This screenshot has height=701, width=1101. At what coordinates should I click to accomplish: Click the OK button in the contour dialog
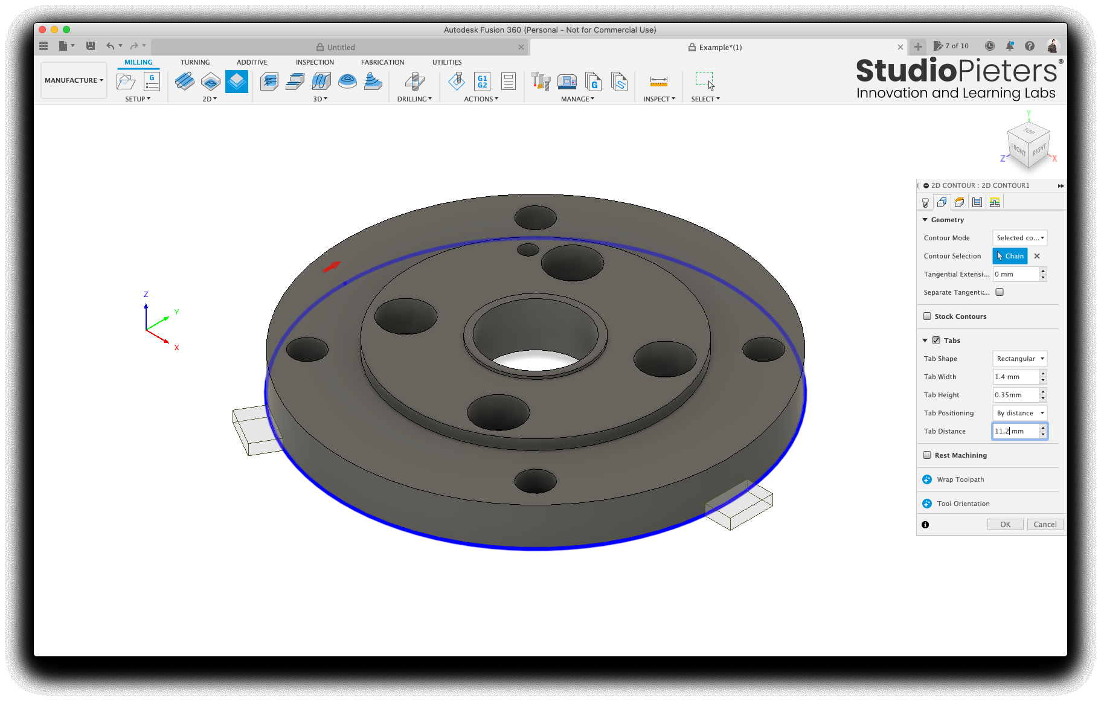tap(1005, 524)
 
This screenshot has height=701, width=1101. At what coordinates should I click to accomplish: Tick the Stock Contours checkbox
tap(927, 316)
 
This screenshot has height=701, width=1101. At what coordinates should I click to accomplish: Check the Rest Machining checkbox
tap(927, 455)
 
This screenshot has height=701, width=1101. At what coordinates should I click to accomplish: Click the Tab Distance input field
tap(1016, 431)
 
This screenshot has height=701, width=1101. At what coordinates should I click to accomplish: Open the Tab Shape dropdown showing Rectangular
tap(1019, 358)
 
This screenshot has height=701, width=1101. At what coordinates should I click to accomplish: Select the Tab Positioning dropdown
tap(1019, 412)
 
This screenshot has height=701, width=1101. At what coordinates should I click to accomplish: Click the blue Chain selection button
tap(1010, 255)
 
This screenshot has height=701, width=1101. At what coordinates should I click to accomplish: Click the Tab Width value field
tap(1016, 376)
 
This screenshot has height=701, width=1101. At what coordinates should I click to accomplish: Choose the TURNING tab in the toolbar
tap(195, 62)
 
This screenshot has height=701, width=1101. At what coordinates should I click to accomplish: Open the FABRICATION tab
tap(382, 62)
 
